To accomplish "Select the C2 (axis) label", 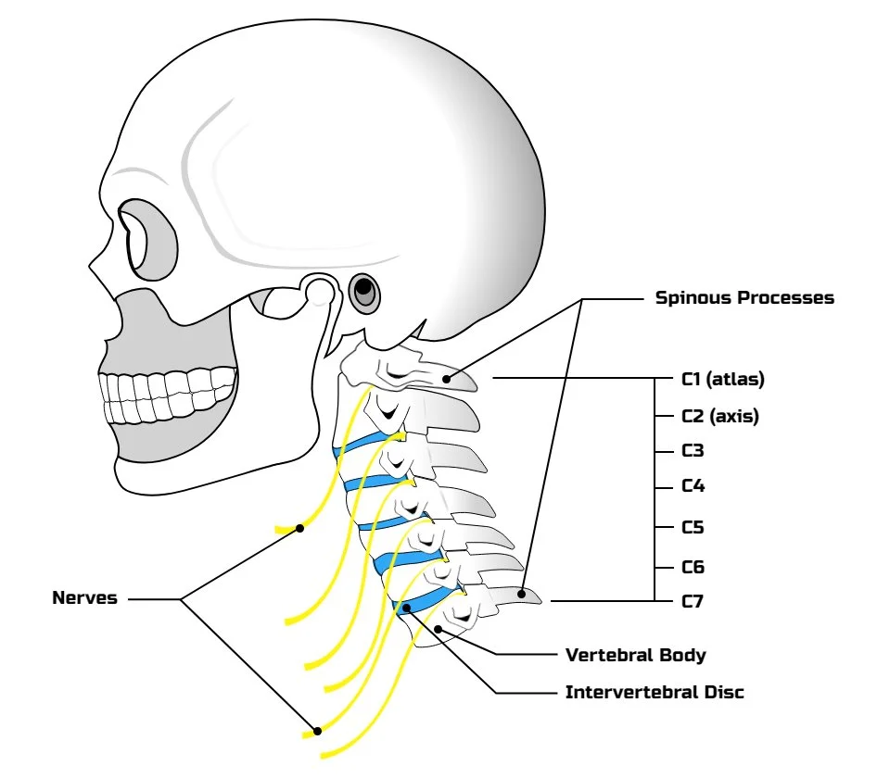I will tap(720, 416).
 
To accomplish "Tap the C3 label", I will tap(693, 451).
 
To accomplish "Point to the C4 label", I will tap(693, 485).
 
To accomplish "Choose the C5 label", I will tap(693, 528).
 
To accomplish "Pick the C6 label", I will tap(693, 567).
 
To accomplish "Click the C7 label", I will tap(693, 602).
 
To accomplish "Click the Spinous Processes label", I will tap(744, 298).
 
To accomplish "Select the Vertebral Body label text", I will tap(635, 655).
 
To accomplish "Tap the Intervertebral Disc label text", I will tap(655, 692).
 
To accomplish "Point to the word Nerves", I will tap(84, 598).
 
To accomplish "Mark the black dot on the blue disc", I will tap(405, 609).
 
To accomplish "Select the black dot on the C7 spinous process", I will tap(523, 594).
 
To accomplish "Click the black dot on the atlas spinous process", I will tap(446, 377).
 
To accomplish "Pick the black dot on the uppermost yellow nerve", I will tap(300, 528).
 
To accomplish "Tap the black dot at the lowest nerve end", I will tap(317, 731).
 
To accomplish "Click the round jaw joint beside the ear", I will tap(320, 294).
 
